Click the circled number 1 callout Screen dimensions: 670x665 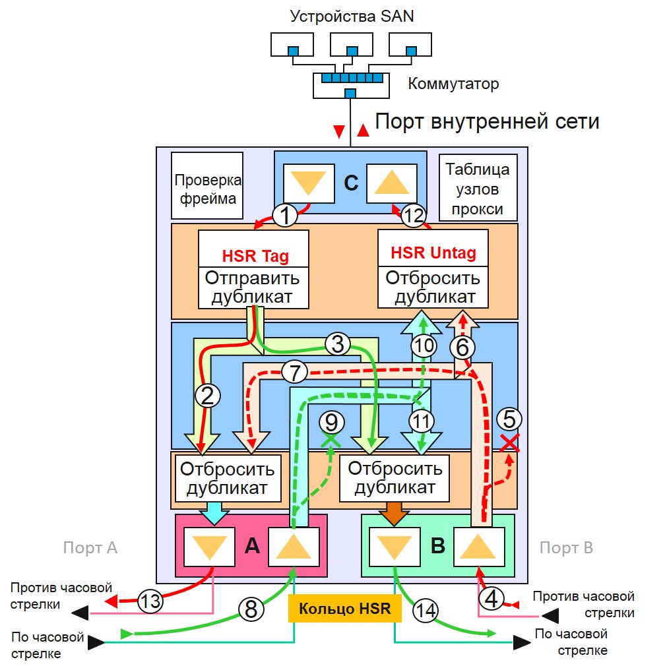285,216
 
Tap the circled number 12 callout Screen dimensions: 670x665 413,216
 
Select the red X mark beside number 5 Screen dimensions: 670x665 509,443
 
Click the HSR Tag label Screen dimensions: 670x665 255,256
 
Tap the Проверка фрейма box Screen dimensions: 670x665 207,186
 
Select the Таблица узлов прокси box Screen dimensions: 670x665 477,189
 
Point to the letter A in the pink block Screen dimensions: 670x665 252,545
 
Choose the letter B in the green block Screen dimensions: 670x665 438,545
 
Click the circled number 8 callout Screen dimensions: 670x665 251,610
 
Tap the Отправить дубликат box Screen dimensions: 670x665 253,286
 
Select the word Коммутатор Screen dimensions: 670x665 453,84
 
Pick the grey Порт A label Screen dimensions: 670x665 90,547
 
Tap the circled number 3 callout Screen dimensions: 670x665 337,343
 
